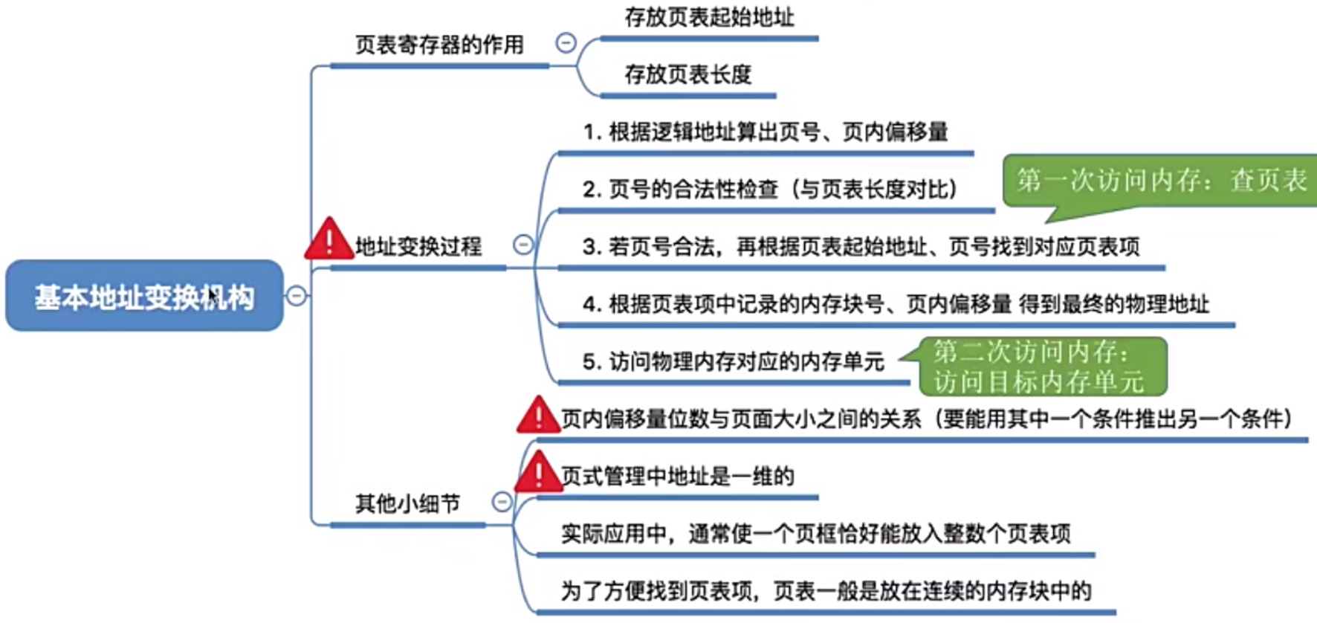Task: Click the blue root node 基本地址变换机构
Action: point(144,296)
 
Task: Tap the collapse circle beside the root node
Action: point(296,296)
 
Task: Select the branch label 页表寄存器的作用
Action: point(439,45)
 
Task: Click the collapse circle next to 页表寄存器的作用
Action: point(566,43)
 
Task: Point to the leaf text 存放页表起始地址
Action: point(709,17)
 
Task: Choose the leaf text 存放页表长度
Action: point(687,74)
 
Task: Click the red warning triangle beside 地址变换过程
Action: point(328,240)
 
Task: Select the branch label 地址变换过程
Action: point(418,246)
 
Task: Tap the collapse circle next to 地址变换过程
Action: point(523,245)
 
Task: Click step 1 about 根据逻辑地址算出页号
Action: point(766,132)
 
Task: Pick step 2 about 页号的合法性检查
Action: point(769,190)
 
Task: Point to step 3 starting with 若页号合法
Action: point(861,247)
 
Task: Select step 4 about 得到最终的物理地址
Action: point(896,304)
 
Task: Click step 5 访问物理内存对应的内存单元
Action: point(734,362)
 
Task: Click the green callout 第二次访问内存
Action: point(1041,367)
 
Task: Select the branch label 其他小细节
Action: point(407,504)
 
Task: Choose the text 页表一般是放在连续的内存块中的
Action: point(932,591)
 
